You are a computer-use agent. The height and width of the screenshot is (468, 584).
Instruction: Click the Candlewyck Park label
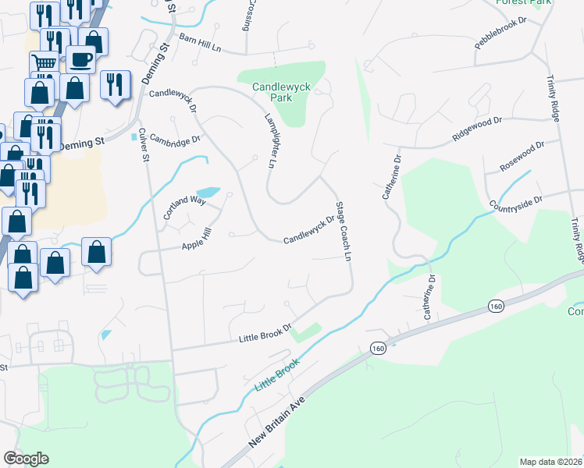pyautogui.click(x=272, y=93)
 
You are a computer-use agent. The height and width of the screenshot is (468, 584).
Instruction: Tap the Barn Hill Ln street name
pyautogui.click(x=200, y=43)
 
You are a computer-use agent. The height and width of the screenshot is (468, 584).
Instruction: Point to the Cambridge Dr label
pyautogui.click(x=175, y=138)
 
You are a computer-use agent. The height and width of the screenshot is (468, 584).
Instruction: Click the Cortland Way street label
pyautogui.click(x=183, y=206)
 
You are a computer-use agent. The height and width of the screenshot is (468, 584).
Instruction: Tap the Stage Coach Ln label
pyautogui.click(x=344, y=232)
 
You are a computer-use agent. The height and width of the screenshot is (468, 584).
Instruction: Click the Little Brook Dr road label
pyautogui.click(x=265, y=335)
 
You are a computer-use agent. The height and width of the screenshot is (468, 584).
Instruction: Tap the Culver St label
pyautogui.click(x=144, y=144)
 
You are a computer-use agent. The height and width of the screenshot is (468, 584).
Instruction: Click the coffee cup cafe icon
pyautogui.click(x=80, y=58)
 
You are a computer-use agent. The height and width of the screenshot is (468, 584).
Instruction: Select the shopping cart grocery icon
pyautogui.click(x=44, y=63)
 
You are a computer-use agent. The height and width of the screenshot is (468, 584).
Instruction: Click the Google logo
pyautogui.click(x=26, y=459)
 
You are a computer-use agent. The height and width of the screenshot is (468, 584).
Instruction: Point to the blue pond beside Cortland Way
pyautogui.click(x=207, y=193)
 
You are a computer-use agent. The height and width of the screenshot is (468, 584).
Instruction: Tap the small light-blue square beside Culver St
pyautogui.click(x=134, y=137)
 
